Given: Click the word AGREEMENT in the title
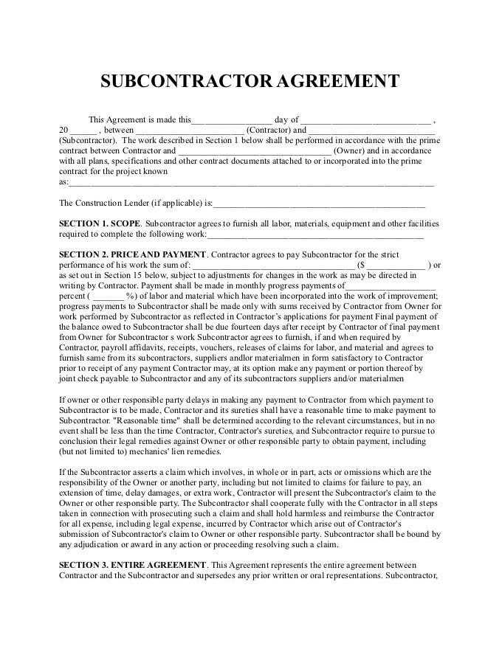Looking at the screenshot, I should (x=339, y=80).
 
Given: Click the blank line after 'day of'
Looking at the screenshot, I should (x=366, y=120).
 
